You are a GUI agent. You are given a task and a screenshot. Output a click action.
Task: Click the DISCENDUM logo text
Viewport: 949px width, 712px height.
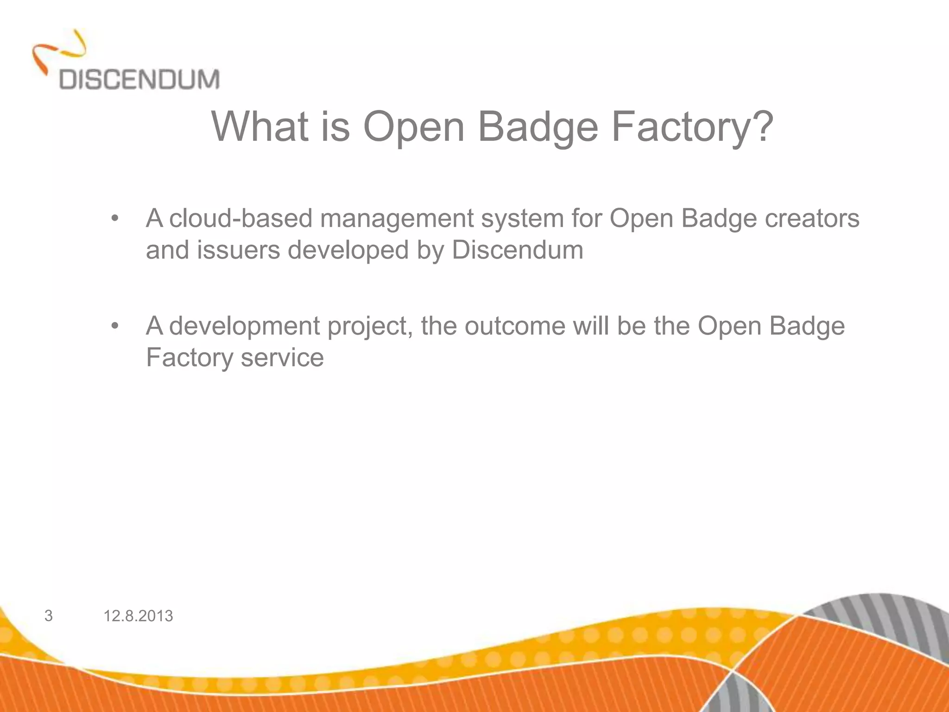139,79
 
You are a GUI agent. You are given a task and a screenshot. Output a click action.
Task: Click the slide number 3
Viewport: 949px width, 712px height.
48,616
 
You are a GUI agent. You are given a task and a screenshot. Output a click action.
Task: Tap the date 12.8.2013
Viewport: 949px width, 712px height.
138,616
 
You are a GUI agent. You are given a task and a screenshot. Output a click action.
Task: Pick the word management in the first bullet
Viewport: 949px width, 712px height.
397,219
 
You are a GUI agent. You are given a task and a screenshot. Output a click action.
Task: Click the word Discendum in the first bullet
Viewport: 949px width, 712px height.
517,250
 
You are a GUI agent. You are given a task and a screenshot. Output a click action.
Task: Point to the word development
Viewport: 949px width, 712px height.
244,327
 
